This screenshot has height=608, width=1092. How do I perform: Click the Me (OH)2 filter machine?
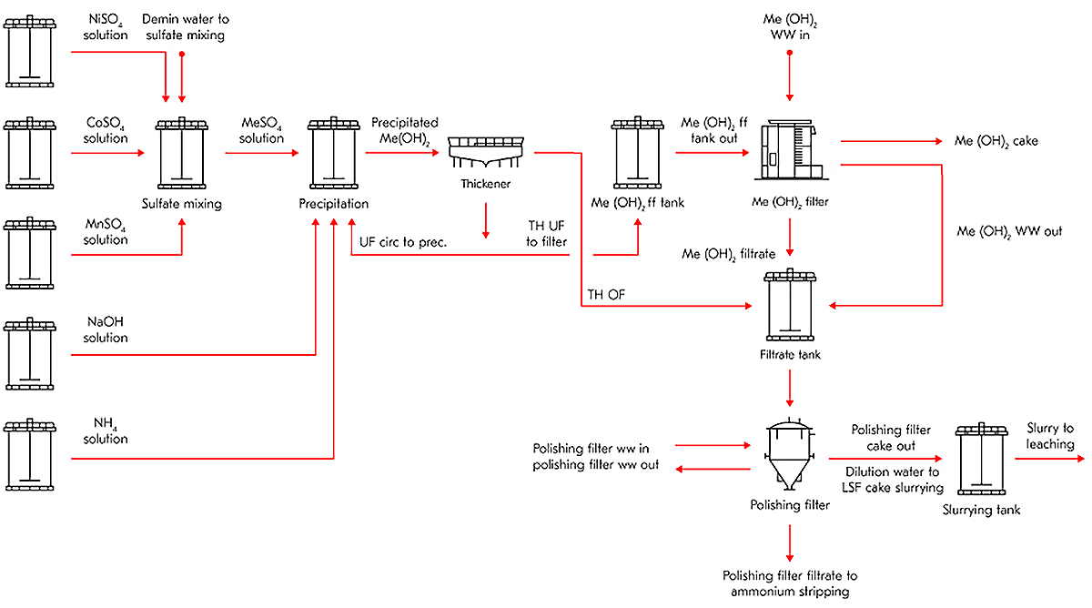tap(789, 150)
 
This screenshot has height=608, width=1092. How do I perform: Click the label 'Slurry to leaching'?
tap(1050, 436)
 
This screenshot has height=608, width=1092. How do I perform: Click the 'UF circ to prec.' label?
tap(405, 241)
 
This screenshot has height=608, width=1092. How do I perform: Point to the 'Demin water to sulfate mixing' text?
tap(183, 26)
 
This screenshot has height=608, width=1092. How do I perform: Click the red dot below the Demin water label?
tap(182, 55)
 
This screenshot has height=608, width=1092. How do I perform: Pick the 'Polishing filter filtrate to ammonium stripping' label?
tap(790, 583)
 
